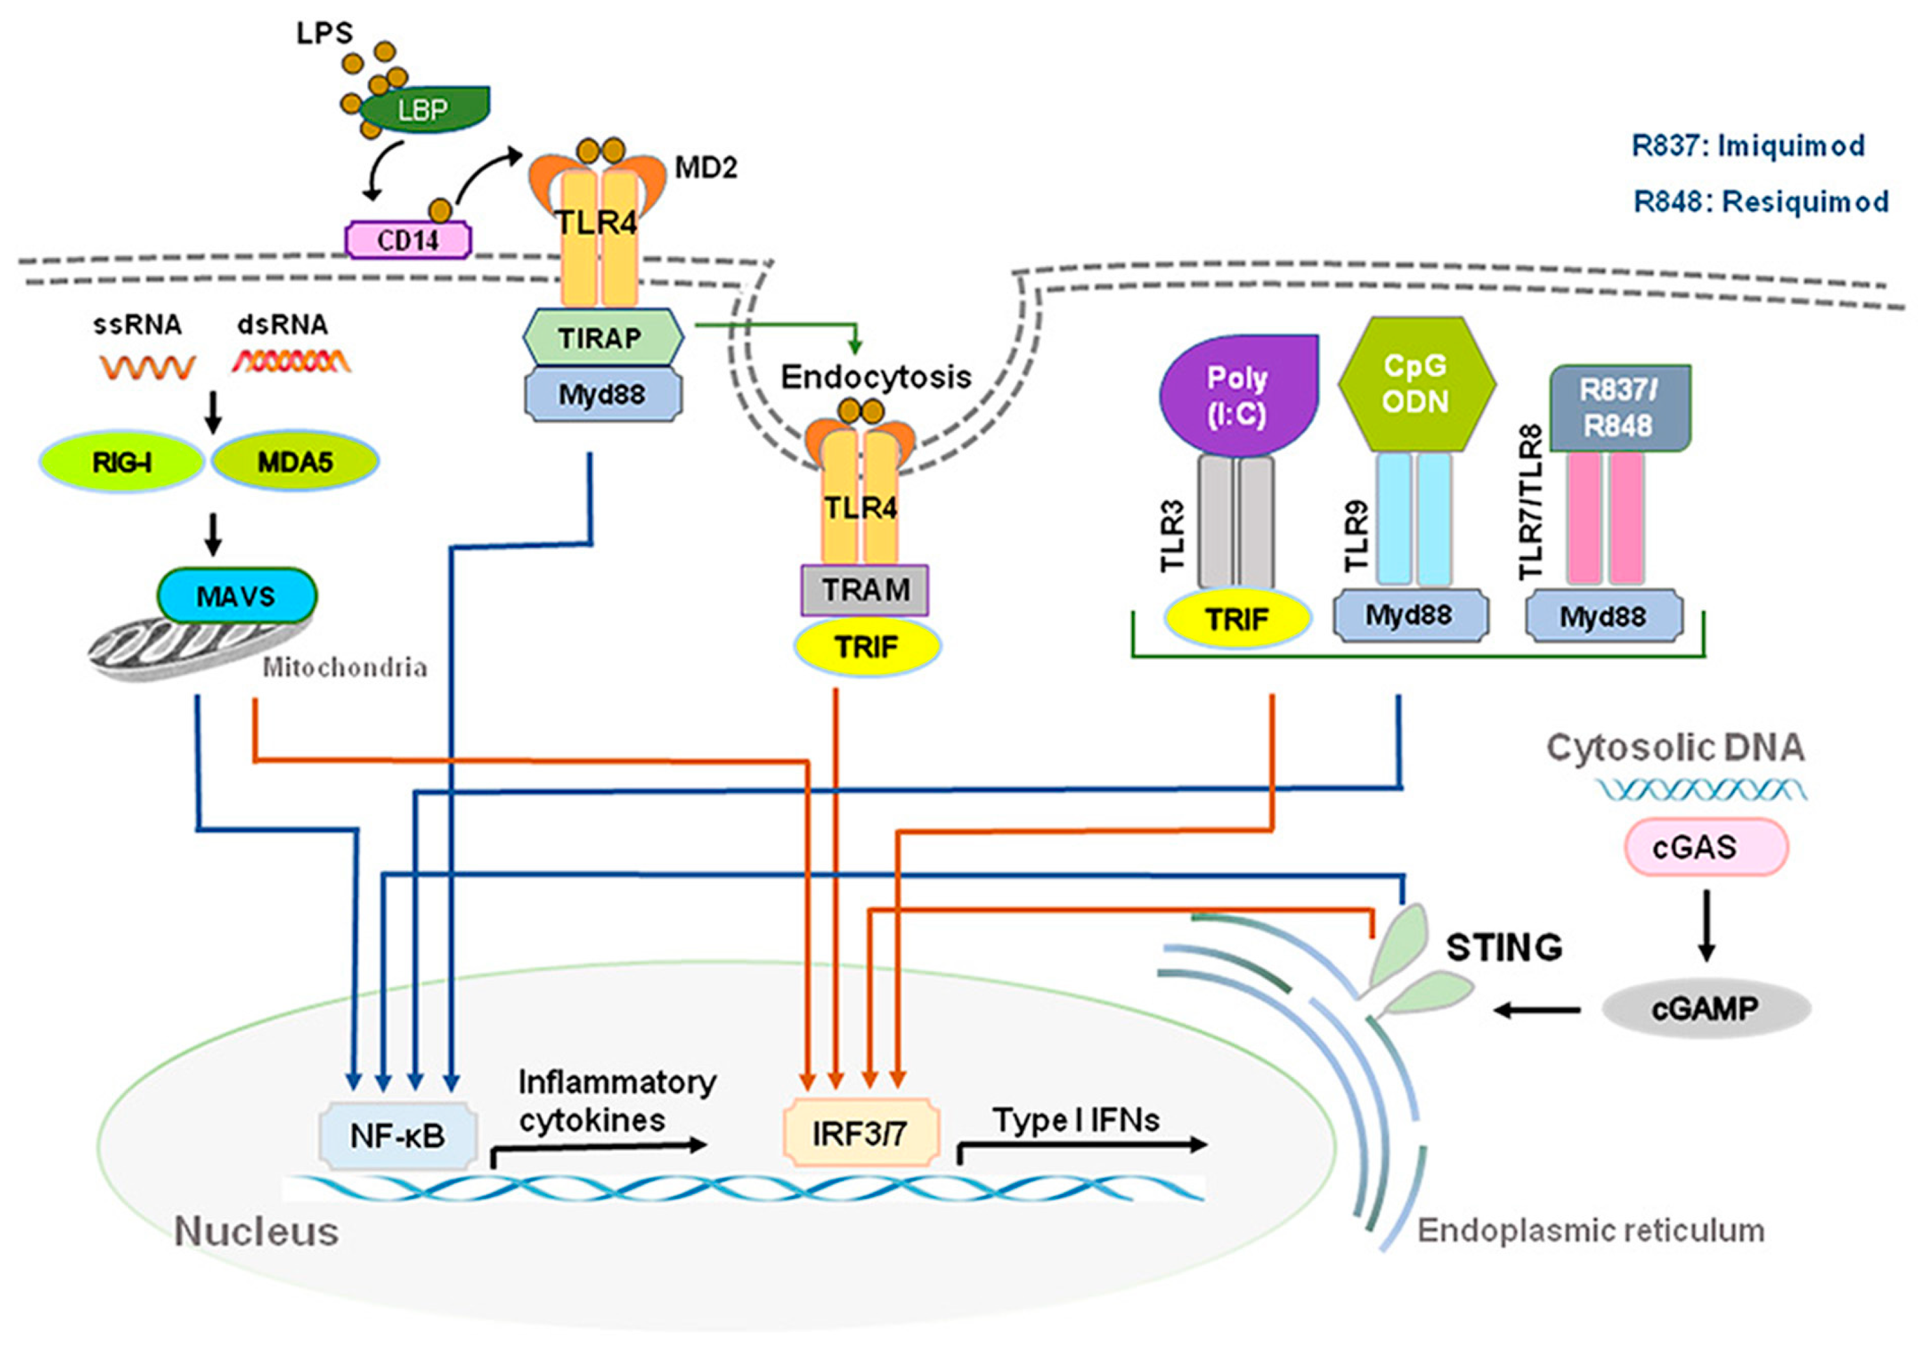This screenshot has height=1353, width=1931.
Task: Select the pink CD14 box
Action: click(x=409, y=240)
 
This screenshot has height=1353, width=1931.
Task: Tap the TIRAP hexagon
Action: click(x=602, y=337)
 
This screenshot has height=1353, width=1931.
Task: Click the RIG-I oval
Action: click(x=123, y=461)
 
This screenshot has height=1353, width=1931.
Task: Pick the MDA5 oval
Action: click(x=295, y=461)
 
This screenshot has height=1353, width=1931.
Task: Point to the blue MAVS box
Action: click(x=237, y=596)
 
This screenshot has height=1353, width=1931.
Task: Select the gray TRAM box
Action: click(x=865, y=590)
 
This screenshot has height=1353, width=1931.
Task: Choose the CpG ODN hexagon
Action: click(x=1416, y=383)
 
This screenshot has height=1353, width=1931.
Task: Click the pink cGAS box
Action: click(x=1705, y=847)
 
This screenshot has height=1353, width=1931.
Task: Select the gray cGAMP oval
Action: click(x=1705, y=1008)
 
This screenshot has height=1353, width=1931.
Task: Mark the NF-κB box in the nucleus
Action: click(x=398, y=1136)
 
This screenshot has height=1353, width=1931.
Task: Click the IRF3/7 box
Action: click(x=860, y=1133)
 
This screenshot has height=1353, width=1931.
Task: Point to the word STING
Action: click(x=1503, y=947)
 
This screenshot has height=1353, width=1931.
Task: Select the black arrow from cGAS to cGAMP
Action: click(x=1705, y=925)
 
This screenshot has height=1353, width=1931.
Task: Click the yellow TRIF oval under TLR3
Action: click(x=1237, y=619)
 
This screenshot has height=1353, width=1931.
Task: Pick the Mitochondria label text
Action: click(x=345, y=668)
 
